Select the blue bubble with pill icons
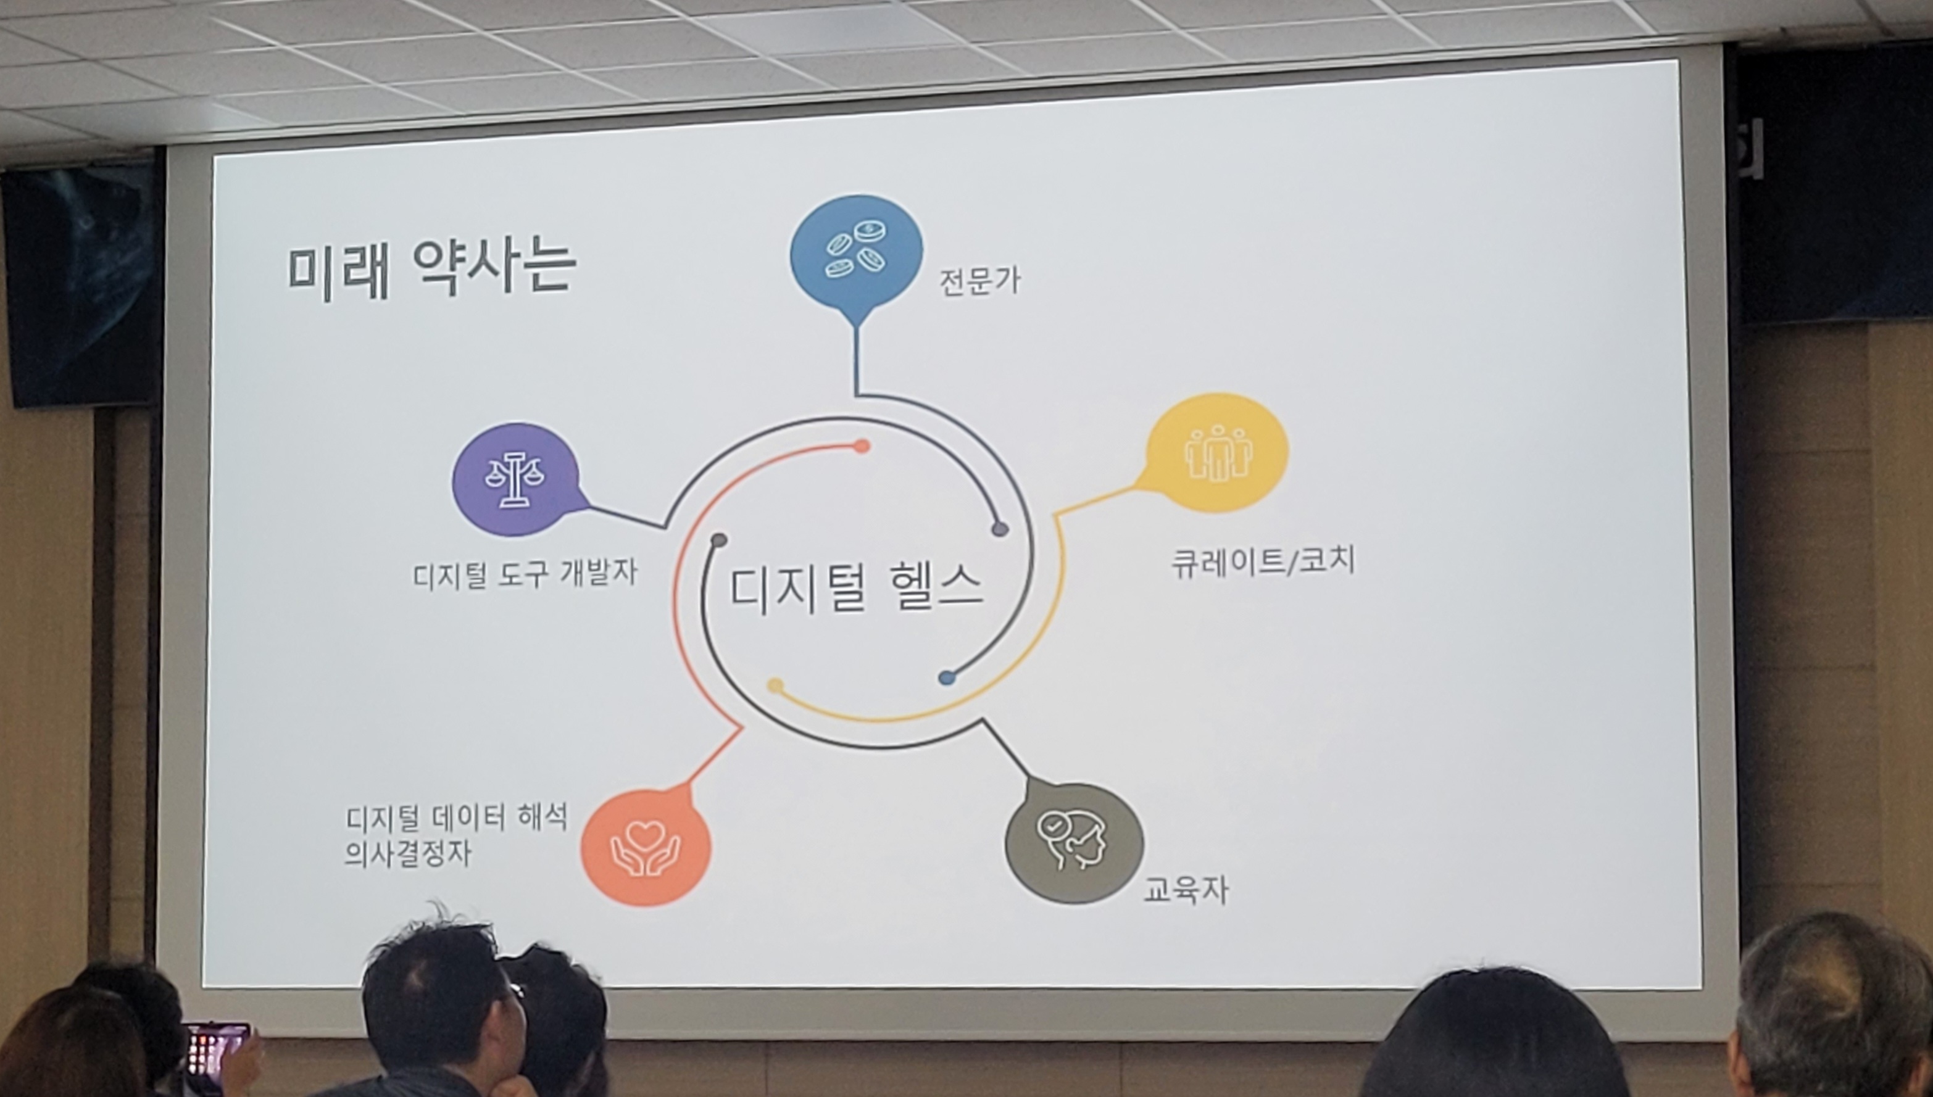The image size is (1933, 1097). point(856,256)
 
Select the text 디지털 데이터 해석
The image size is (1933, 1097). point(457,818)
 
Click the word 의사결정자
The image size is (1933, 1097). point(409,855)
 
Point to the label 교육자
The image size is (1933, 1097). point(1186,890)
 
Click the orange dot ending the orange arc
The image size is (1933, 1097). point(862,447)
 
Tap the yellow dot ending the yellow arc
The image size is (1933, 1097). point(775,686)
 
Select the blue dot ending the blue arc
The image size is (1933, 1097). point(947,678)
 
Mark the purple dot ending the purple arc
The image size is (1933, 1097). point(1000,529)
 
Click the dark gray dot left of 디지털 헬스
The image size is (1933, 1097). point(719,541)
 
